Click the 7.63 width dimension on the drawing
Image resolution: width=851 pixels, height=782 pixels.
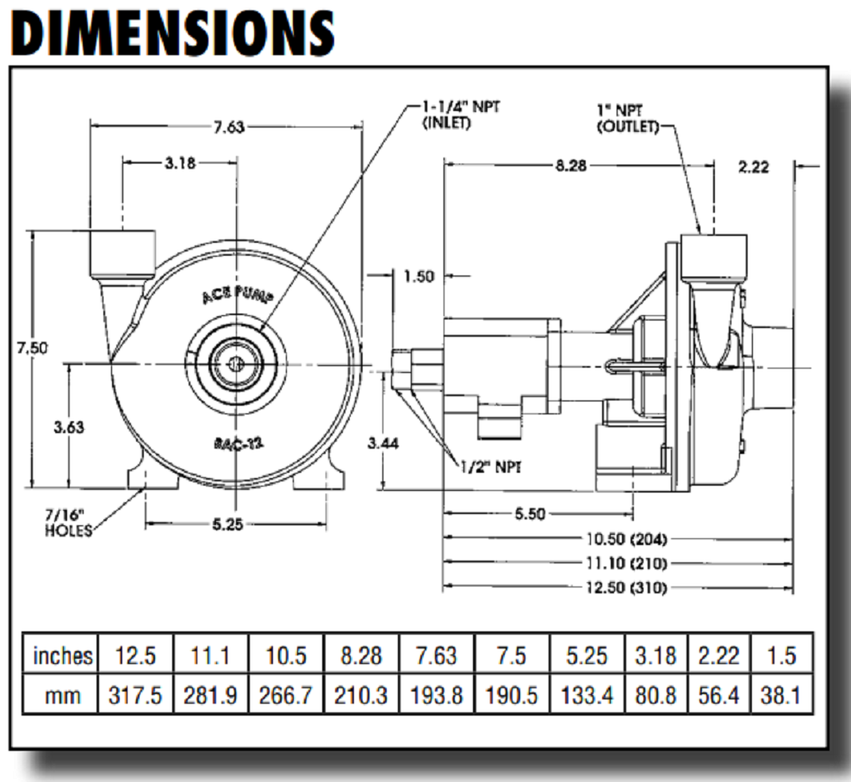point(229,127)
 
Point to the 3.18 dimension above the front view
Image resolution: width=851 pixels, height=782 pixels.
point(180,163)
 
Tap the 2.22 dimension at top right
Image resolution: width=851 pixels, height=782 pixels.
point(753,166)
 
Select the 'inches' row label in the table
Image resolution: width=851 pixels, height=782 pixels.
point(62,655)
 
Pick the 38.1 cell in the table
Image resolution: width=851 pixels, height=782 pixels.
point(783,695)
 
